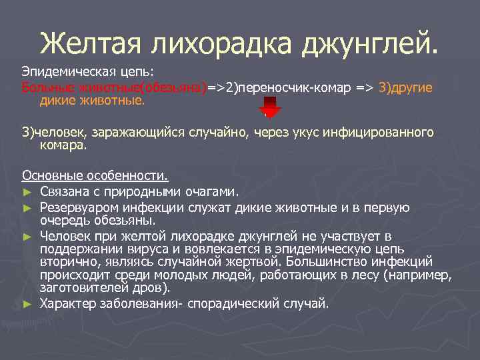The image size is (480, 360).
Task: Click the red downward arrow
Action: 270,107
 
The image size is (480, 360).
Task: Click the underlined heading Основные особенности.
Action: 95,177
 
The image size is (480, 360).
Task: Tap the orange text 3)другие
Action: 405,88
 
